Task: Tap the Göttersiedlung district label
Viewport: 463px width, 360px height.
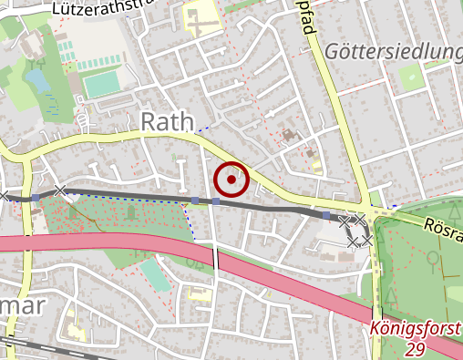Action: (393, 51)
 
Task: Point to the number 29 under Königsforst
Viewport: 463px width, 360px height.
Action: (415, 350)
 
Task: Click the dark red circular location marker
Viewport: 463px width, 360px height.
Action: (232, 180)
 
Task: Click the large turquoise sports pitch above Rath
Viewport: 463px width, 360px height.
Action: (102, 84)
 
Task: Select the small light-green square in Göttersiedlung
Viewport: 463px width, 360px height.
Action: (412, 77)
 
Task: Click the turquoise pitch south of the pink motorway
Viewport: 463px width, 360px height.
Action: (157, 274)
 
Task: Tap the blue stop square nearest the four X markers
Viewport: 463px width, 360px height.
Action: (326, 215)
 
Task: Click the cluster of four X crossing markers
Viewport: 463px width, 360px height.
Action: (355, 231)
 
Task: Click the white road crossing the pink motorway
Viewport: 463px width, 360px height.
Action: (217, 259)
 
